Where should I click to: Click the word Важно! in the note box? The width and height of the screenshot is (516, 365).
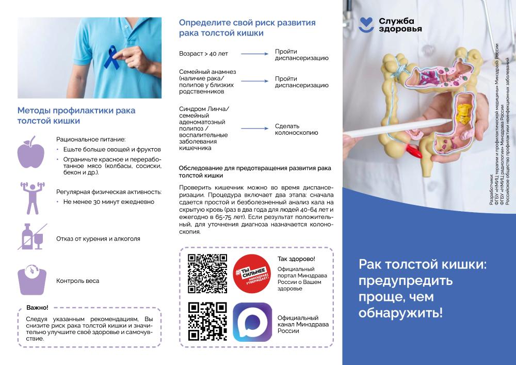tap(37, 307)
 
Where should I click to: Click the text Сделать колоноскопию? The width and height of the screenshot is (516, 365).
tap(296, 129)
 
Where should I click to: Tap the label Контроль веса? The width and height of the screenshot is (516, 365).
tap(78, 281)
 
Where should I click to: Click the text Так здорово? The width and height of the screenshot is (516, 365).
tap(296, 259)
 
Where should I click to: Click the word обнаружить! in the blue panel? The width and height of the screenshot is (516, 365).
tap(401, 313)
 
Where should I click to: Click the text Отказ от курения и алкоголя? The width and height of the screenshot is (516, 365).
tap(98, 239)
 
